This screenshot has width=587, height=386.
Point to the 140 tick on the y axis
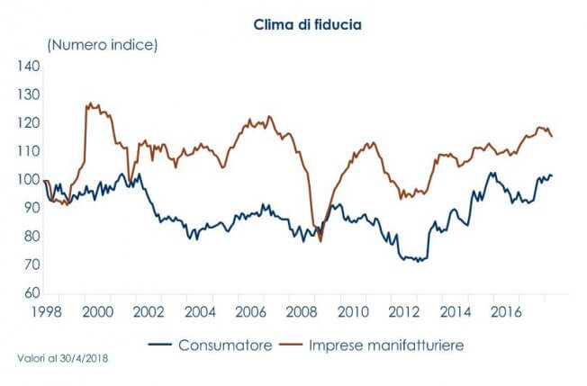click(x=30, y=67)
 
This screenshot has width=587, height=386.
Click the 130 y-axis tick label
click(x=30, y=94)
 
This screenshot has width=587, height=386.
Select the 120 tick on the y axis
click(x=30, y=123)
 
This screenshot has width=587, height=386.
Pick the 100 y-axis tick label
click(x=30, y=180)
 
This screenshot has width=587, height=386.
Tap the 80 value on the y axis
click(x=32, y=237)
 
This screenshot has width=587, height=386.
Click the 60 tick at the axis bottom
click(x=32, y=293)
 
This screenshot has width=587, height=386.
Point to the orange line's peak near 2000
click(x=88, y=103)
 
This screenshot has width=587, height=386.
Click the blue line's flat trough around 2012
click(x=414, y=259)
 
